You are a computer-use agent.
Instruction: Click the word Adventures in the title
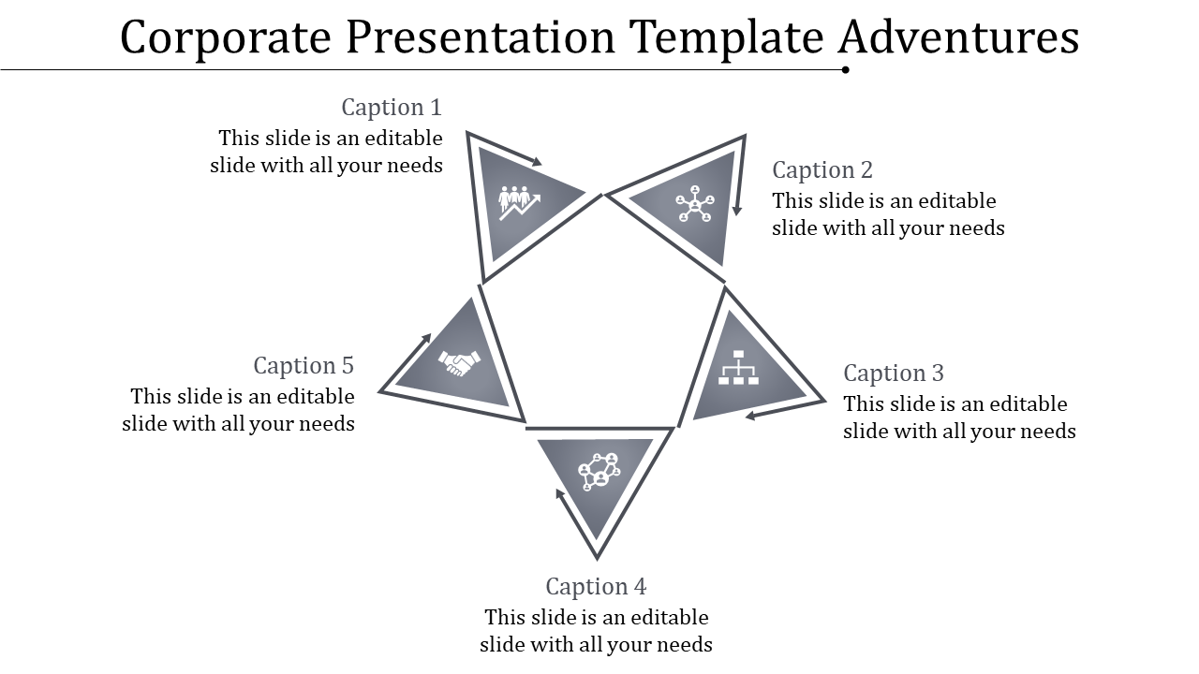[958, 38]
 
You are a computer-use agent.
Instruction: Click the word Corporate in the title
[227, 38]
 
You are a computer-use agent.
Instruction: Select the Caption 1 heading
[391, 107]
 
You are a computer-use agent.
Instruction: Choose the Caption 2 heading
[822, 169]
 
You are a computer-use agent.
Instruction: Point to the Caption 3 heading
[894, 373]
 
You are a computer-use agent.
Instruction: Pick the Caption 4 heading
[596, 586]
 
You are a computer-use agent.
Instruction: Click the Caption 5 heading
[303, 365]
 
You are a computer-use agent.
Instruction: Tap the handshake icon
[459, 362]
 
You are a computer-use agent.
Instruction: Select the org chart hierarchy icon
[738, 368]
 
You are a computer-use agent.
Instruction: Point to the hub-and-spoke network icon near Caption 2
[695, 206]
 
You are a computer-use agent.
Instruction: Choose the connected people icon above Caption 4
[599, 470]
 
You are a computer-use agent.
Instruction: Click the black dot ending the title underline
[846, 69]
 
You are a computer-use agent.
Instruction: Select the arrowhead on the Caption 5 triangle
[426, 338]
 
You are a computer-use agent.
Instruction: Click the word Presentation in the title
[481, 38]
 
